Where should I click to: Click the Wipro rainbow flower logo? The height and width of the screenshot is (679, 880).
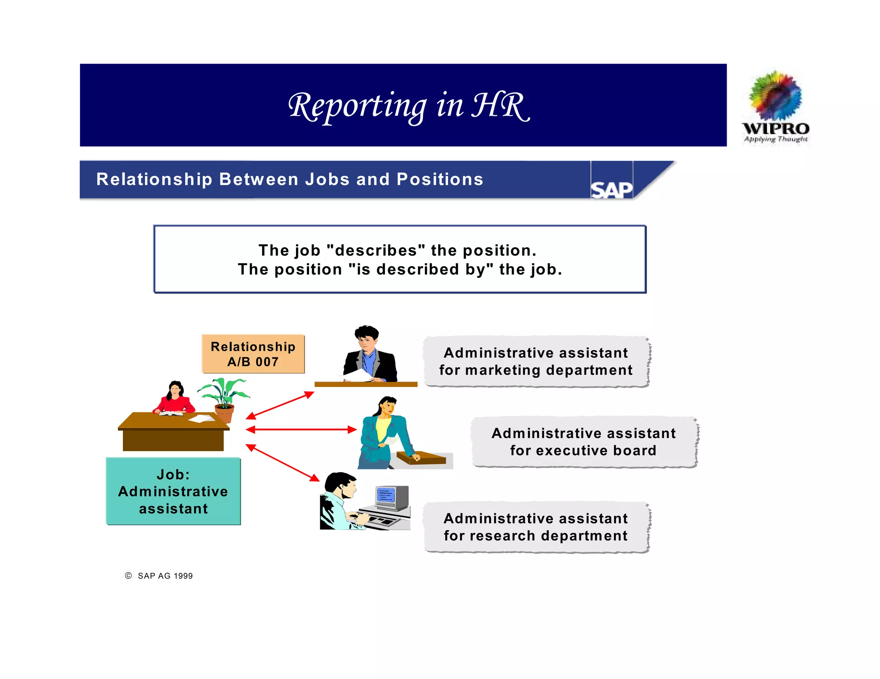(775, 96)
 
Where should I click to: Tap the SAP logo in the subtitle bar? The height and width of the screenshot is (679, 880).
(611, 189)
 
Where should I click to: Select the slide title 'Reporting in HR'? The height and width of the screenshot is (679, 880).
(409, 106)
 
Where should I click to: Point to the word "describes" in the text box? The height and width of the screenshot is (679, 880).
(376, 250)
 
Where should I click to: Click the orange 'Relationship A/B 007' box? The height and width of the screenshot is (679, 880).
(253, 354)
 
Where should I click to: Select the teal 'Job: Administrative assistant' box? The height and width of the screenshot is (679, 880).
(173, 491)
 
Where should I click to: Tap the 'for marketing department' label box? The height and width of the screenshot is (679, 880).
(536, 361)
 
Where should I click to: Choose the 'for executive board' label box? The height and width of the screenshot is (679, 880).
(584, 442)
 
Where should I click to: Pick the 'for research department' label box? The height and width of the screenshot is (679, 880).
(536, 527)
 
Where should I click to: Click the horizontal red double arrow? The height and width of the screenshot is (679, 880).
(301, 429)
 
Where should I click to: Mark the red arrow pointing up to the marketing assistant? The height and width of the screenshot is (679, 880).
(280, 405)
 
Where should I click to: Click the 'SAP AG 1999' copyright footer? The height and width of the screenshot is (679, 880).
(159, 576)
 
